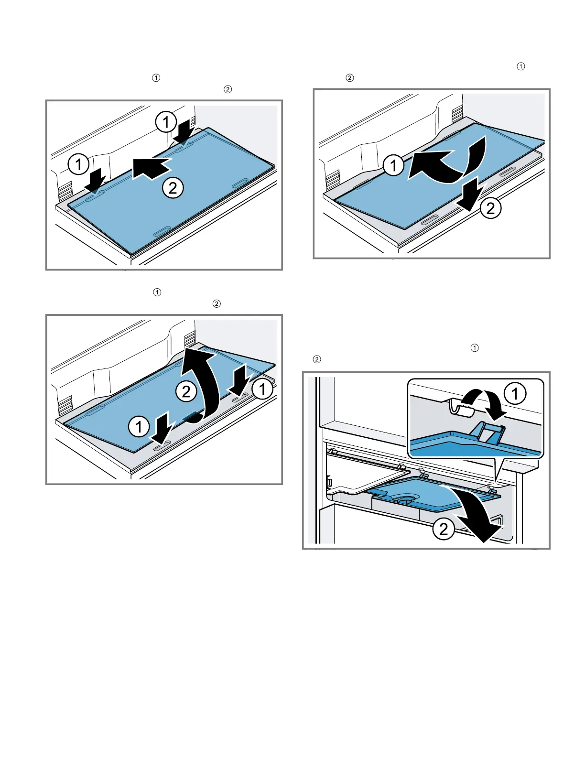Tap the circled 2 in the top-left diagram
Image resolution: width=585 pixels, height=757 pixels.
click(x=173, y=188)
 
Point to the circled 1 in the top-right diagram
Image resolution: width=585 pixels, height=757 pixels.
click(x=393, y=165)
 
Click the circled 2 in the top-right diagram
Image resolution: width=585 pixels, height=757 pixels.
click(x=490, y=208)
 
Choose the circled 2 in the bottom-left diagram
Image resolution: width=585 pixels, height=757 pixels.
click(x=186, y=391)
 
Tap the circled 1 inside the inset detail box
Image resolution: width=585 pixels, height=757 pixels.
click(x=515, y=393)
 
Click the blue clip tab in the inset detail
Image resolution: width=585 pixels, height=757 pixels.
click(x=488, y=432)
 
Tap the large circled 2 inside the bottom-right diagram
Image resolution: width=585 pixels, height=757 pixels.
click(x=444, y=529)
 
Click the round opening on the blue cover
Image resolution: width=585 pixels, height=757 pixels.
click(x=404, y=501)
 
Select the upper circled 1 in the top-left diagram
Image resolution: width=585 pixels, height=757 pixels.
click(x=165, y=122)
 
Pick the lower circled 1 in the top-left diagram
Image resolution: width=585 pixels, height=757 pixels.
click(x=78, y=164)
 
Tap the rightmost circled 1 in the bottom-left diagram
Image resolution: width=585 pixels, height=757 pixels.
click(x=262, y=389)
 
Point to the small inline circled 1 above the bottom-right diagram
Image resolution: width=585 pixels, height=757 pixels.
click(x=475, y=347)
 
